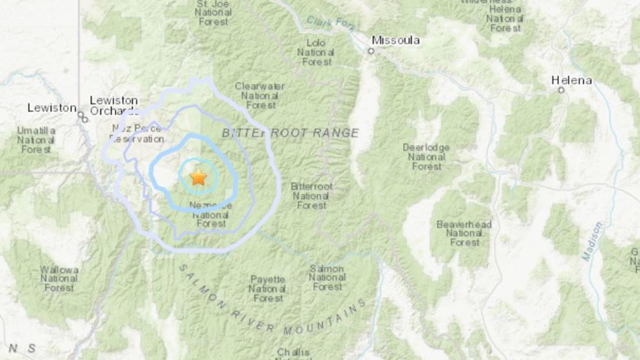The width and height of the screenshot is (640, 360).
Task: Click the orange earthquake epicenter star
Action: (198, 177)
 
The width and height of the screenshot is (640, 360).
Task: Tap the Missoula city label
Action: (395, 40)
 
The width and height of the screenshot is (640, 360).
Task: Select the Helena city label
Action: (571, 80)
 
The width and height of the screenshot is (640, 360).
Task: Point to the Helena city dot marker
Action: (561, 90)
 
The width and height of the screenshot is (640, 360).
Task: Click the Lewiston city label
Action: (52, 108)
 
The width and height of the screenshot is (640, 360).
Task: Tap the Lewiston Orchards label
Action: (114, 106)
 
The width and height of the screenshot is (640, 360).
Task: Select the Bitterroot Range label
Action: (290, 133)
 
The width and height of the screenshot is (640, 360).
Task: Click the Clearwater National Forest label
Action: (260, 95)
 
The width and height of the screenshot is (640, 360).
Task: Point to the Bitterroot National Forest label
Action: (312, 196)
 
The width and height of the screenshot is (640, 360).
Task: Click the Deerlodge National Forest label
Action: (426, 157)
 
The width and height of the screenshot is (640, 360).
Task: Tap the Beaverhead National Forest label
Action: (463, 234)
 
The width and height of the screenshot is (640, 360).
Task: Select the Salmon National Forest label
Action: (327, 278)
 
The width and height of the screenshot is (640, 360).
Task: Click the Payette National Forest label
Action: (267, 289)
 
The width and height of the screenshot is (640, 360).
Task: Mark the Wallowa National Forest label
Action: (59, 278)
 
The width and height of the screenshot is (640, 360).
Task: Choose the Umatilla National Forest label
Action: (36, 139)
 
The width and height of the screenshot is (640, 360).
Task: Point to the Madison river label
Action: (592, 241)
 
